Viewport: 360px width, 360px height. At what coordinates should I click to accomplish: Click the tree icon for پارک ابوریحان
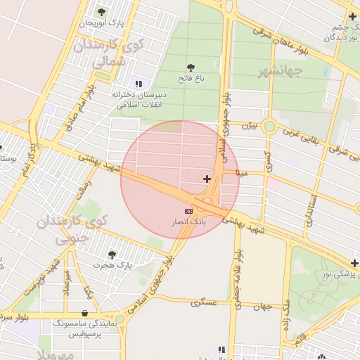[x=101, y=12]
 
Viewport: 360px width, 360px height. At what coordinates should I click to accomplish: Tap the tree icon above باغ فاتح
[x=191, y=67]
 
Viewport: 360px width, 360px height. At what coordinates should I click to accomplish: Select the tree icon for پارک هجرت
[x=112, y=254]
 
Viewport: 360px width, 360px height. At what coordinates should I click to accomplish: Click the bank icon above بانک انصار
[x=188, y=211]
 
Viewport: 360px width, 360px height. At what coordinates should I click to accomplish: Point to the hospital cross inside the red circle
[x=207, y=179]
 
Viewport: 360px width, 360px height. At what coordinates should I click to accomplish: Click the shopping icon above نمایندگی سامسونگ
[x=85, y=313]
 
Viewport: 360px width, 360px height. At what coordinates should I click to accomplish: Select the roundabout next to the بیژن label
[x=269, y=127]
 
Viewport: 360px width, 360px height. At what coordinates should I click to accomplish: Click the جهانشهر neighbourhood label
[x=280, y=72]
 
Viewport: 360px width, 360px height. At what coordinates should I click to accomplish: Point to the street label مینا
[x=243, y=172]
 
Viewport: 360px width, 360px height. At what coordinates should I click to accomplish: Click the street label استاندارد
[x=310, y=210]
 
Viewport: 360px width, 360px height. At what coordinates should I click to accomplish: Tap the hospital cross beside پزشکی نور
[x=354, y=263]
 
